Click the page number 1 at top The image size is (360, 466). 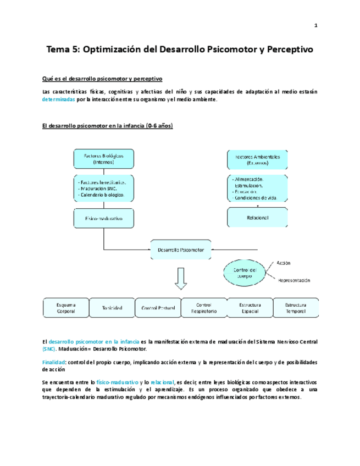coord(316,25)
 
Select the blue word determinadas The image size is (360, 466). coord(59,100)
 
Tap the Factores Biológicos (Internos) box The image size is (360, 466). coord(103,159)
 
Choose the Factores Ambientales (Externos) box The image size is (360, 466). coord(257,159)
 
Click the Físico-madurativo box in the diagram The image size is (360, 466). coord(103,218)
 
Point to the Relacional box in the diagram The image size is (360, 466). coord(257,218)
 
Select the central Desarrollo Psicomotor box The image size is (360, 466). coord(181,249)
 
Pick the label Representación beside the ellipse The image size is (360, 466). coord(294,280)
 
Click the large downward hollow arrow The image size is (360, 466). coord(181,279)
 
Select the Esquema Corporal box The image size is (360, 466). coord(66,308)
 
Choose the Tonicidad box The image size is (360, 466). coord(112,308)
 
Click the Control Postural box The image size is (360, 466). coord(158,308)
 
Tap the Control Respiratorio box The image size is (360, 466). coord(204,308)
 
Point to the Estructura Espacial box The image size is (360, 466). coord(250,308)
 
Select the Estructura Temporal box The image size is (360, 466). coord(296,308)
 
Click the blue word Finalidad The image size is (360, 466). coord(54,363)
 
